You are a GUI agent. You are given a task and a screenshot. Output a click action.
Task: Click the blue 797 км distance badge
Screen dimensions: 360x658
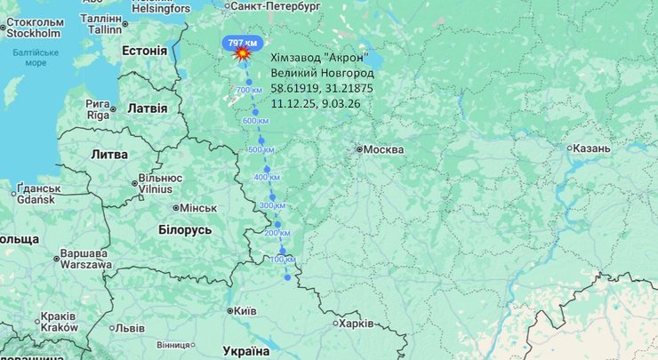pyautogui.click(x=242, y=43)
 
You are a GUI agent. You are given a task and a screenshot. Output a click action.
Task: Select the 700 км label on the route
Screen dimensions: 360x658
pyautogui.click(x=249, y=91)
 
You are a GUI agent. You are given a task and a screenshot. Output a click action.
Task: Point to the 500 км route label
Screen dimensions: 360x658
pyautogui.click(x=261, y=149)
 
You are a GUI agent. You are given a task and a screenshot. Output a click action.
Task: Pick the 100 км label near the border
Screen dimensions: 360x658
pyautogui.click(x=282, y=259)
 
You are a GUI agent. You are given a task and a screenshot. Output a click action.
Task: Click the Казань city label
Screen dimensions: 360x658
pyautogui.click(x=591, y=148)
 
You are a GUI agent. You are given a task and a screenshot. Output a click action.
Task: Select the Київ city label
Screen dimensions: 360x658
pyautogui.click(x=244, y=311)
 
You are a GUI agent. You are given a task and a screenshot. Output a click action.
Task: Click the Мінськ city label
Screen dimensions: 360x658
pyautogui.click(x=197, y=208)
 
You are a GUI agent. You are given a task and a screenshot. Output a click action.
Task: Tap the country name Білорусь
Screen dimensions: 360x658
pyautogui.click(x=185, y=229)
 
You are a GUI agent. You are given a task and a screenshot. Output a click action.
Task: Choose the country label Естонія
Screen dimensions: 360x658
pyautogui.click(x=143, y=51)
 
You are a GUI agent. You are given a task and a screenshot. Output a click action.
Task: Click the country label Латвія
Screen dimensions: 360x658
pyautogui.click(x=148, y=108)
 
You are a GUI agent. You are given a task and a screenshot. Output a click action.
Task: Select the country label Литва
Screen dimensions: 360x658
pyautogui.click(x=108, y=155)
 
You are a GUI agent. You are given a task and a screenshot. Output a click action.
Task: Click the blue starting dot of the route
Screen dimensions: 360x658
pyautogui.click(x=287, y=277)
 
